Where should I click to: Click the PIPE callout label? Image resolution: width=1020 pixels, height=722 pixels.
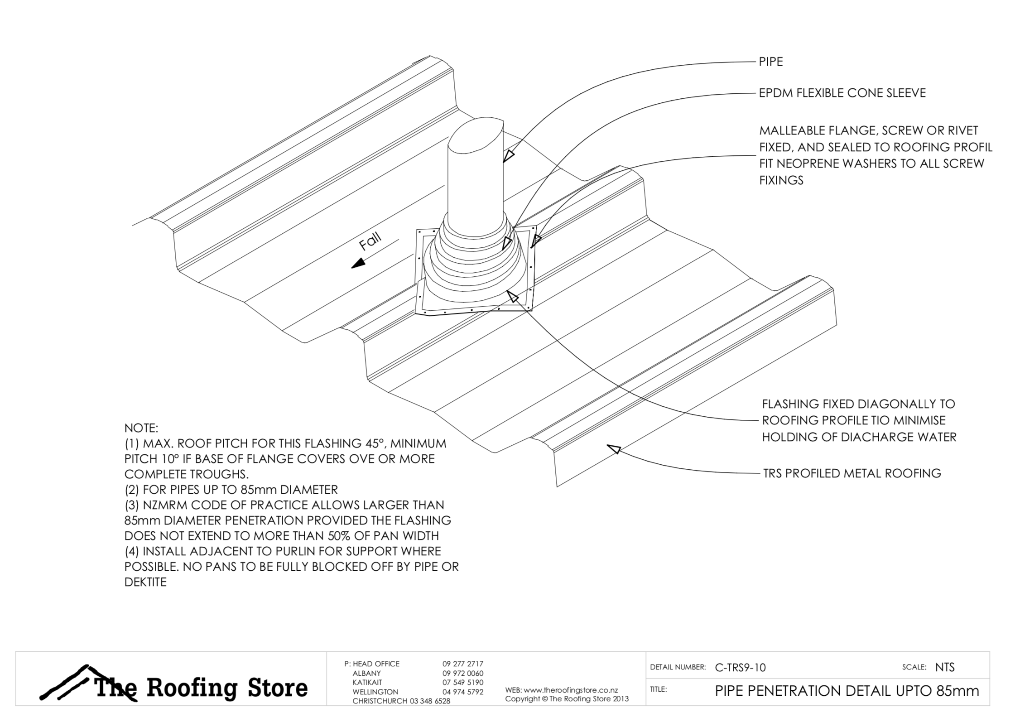click(771, 62)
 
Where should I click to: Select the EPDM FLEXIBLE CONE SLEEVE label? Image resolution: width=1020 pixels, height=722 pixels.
click(842, 93)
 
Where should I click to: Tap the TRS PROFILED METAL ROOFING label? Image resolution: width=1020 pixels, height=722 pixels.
click(852, 473)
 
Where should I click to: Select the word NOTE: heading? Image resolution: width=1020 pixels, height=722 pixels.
click(141, 428)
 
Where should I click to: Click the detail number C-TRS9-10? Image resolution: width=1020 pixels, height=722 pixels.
click(740, 667)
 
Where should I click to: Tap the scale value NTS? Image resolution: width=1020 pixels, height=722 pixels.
click(945, 667)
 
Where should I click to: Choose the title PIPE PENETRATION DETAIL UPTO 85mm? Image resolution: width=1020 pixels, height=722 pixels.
click(847, 691)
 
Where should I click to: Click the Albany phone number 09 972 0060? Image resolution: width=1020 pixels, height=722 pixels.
click(463, 674)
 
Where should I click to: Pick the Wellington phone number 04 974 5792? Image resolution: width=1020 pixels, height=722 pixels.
click(463, 692)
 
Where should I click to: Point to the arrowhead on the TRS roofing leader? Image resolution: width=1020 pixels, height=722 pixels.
click(614, 449)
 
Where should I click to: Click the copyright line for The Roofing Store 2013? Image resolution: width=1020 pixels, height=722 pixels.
click(567, 699)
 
